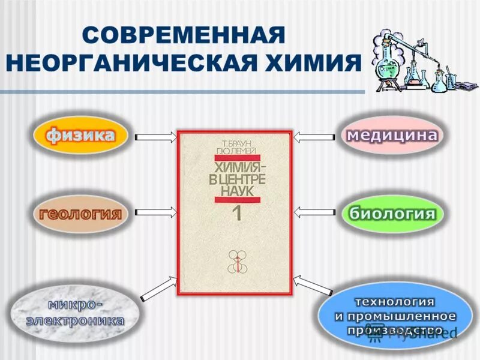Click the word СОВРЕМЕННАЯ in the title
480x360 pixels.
[182, 35]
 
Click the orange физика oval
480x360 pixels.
[82, 136]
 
